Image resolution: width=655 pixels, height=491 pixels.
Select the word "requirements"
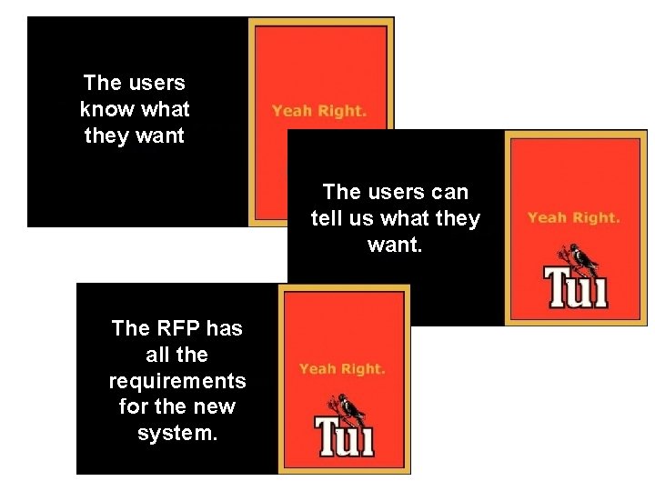tap(177, 380)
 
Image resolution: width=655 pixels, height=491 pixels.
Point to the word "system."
tap(177, 433)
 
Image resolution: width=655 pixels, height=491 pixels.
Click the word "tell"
tap(327, 219)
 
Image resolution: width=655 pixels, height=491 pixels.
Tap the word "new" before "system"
tap(216, 406)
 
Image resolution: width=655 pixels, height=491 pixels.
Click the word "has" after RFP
tap(224, 327)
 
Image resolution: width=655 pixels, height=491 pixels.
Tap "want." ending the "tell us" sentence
tap(395, 245)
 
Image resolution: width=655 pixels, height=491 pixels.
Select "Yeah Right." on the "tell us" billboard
tap(574, 218)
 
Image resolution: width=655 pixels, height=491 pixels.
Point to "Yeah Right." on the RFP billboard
tap(343, 369)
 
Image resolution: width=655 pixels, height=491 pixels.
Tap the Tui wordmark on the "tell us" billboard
tap(575, 286)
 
